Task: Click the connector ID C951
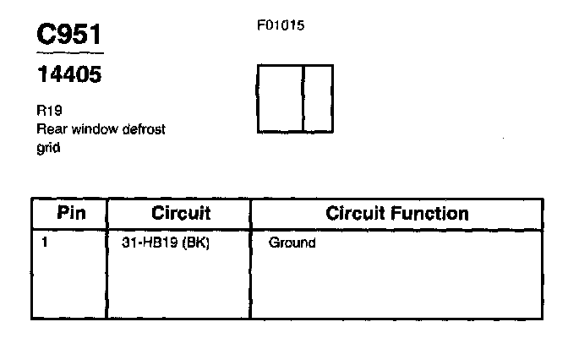(69, 34)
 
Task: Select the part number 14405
(68, 75)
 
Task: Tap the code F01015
(280, 25)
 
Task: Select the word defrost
(141, 128)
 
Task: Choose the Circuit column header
(181, 212)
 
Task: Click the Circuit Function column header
(396, 212)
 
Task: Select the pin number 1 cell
(45, 243)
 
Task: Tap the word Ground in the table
(292, 243)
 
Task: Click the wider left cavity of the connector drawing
(280, 98)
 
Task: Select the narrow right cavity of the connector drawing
(318, 98)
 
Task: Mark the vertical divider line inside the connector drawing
(303, 98)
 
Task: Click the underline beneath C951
(69, 53)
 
